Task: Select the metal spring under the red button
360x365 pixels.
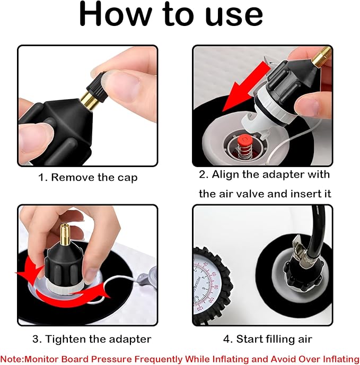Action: (244, 152)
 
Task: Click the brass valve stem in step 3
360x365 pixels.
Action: (65, 234)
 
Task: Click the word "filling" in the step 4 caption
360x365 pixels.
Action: (280, 339)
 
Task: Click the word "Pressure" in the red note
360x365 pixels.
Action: (111, 359)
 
